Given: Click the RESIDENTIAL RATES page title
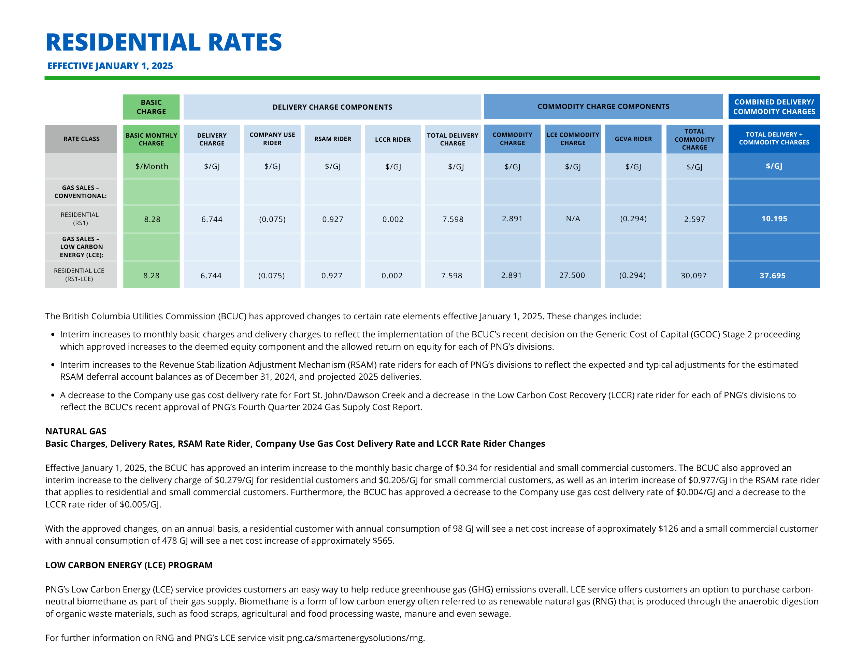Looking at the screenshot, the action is click(x=164, y=42).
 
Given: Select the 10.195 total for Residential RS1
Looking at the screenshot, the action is click(x=774, y=219).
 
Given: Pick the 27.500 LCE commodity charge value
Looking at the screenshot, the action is click(x=572, y=275).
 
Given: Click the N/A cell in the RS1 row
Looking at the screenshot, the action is click(x=573, y=219).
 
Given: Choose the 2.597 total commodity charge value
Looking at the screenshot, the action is click(x=694, y=219).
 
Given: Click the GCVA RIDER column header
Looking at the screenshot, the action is click(x=633, y=139).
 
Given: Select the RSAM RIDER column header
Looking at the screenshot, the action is click(x=333, y=139).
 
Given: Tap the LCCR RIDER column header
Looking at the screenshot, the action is click(x=393, y=139).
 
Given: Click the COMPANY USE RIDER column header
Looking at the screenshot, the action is click(x=272, y=139).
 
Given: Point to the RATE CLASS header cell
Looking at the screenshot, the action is click(x=82, y=139).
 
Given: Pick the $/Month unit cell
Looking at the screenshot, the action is click(x=152, y=166).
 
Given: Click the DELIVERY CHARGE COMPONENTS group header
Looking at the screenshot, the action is click(x=332, y=107).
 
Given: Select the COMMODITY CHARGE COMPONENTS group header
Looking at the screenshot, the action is click(x=603, y=106).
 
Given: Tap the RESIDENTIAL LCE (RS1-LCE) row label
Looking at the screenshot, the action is click(x=79, y=275).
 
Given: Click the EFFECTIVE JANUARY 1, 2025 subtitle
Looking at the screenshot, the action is click(x=110, y=66).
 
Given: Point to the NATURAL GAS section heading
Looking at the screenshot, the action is click(x=76, y=431).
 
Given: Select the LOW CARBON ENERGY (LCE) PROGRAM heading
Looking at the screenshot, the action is click(x=129, y=565).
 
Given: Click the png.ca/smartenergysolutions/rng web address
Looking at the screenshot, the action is click(x=356, y=638).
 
